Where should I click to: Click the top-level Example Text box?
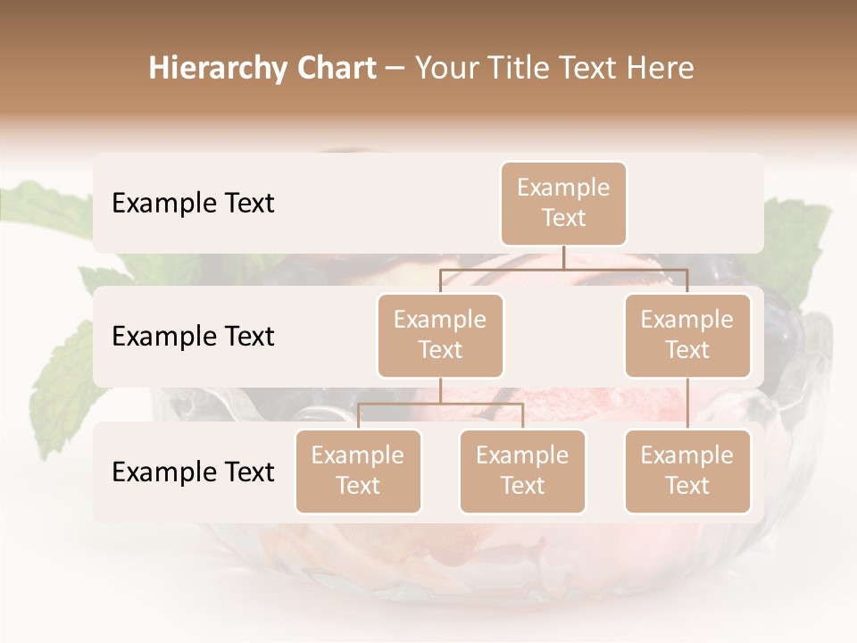(x=563, y=204)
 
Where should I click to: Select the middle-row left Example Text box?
(x=440, y=336)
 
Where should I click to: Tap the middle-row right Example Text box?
(x=687, y=336)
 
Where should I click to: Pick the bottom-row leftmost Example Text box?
(x=358, y=472)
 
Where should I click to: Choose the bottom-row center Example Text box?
(x=522, y=472)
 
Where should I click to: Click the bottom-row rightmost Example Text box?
(x=687, y=472)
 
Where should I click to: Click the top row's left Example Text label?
(x=193, y=204)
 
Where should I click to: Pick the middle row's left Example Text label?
(x=193, y=337)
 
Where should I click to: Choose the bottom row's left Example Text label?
(x=193, y=472)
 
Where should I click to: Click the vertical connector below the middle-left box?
(x=440, y=390)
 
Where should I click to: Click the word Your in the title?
(x=446, y=68)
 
